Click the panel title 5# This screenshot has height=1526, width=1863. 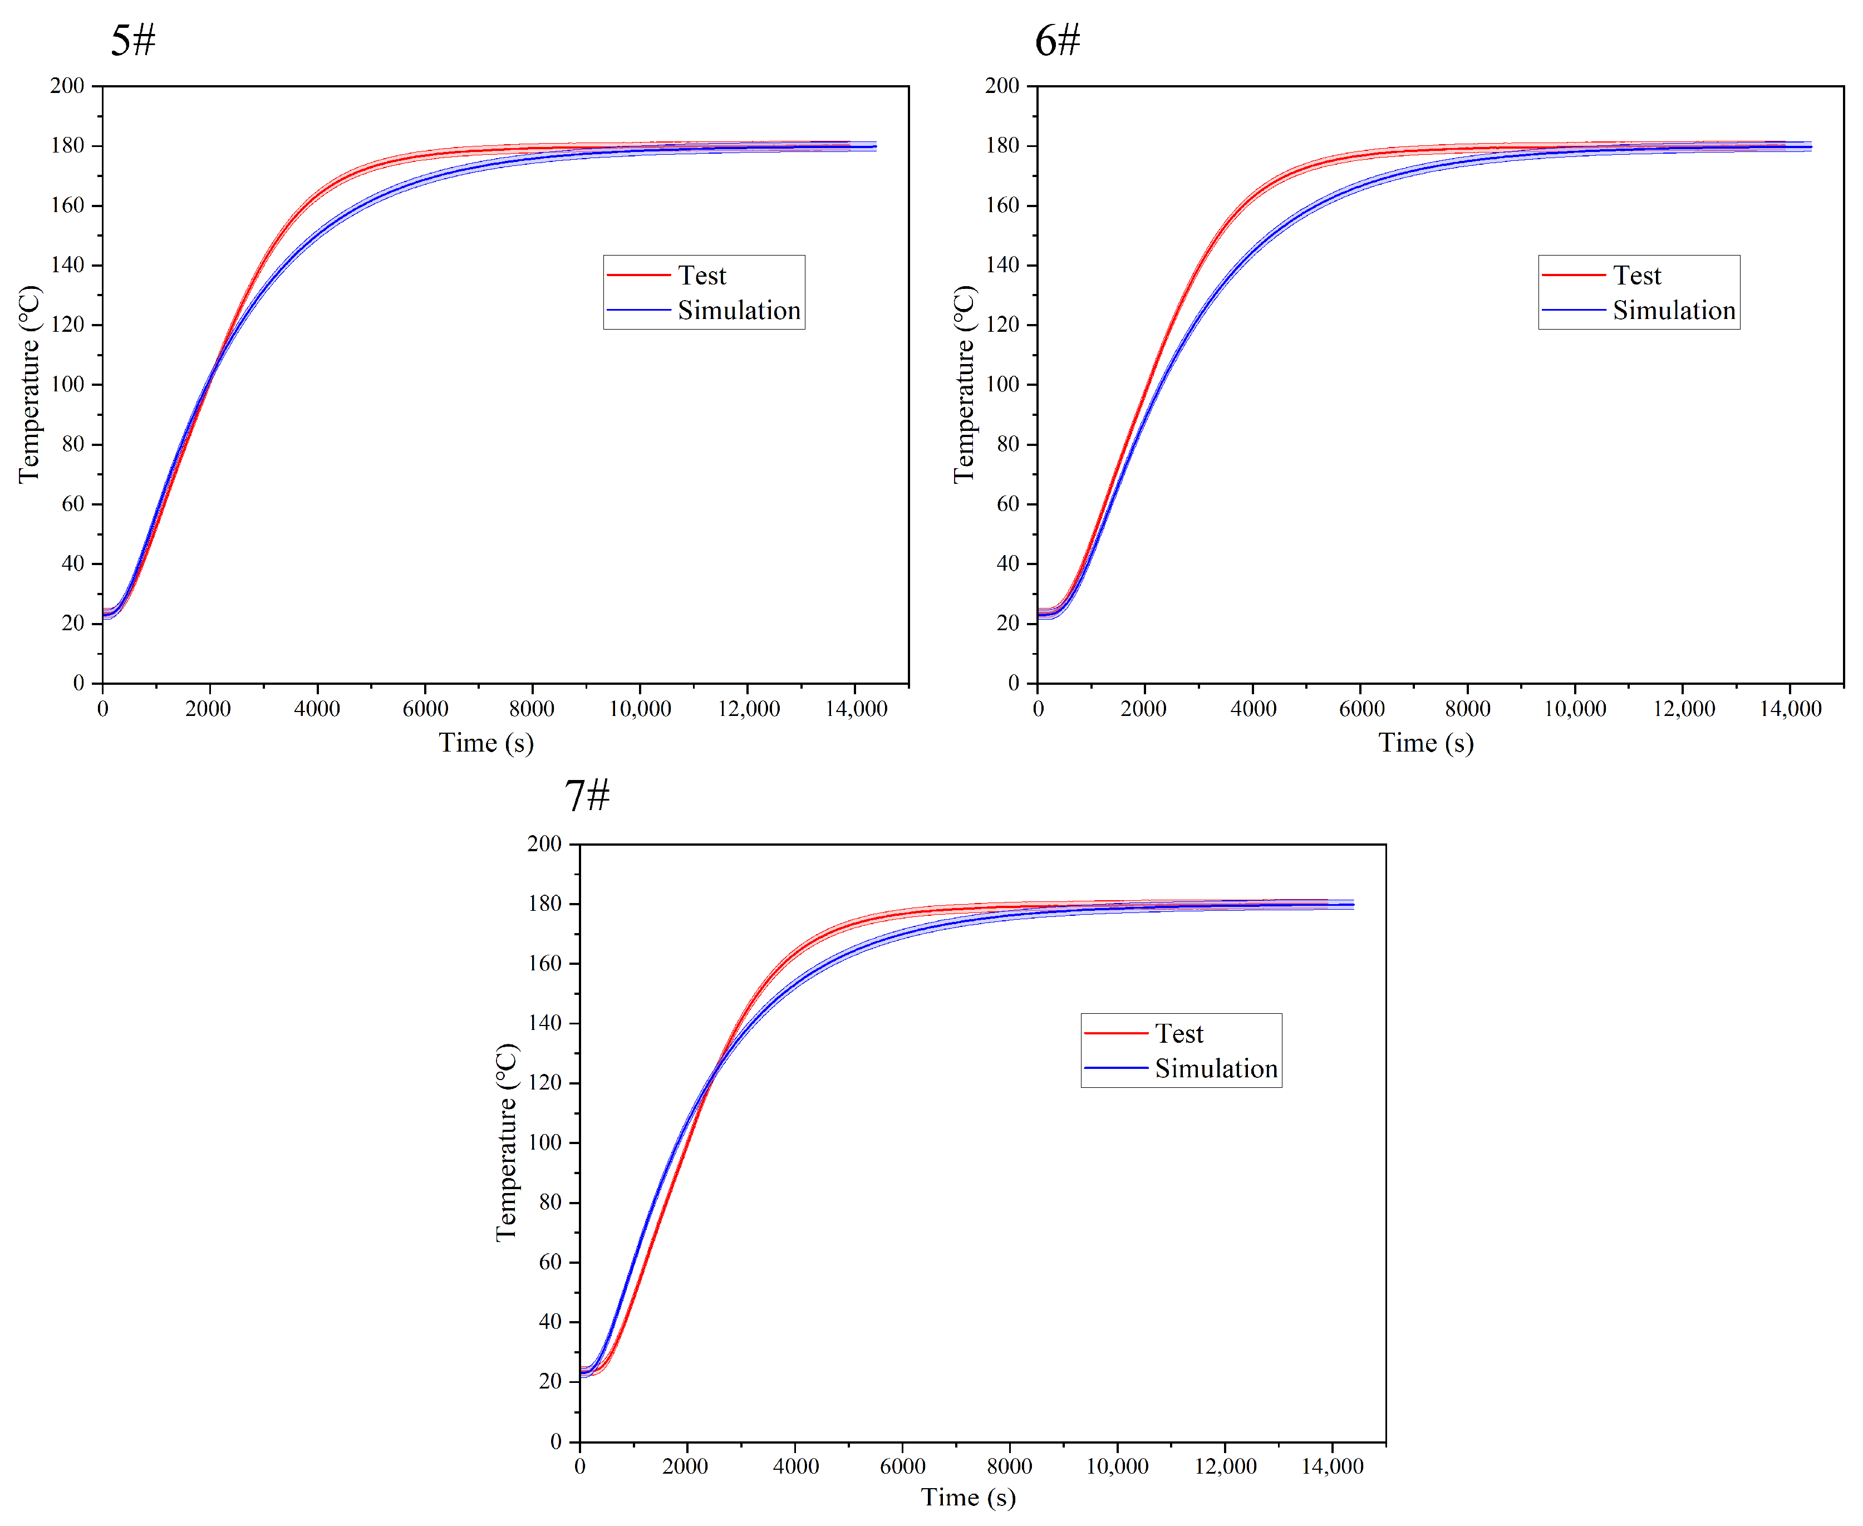pos(132,41)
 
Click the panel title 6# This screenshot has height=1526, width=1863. pos(1057,41)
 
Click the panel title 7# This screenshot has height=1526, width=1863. pos(586,796)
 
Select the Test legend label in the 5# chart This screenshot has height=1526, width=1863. pos(701,276)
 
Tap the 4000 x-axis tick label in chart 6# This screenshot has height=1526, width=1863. pos(1252,709)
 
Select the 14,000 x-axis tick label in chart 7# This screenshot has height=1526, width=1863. pos(1331,1466)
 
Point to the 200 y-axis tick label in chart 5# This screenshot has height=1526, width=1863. pos(67,86)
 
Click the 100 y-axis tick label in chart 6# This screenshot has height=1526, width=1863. pos(1002,384)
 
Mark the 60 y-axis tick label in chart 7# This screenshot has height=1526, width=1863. pos(549,1262)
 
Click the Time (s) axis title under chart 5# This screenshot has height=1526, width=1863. pos(486,744)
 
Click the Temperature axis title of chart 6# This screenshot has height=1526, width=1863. pos(964,384)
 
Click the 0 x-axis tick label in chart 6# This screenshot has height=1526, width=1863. pos(1038,709)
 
